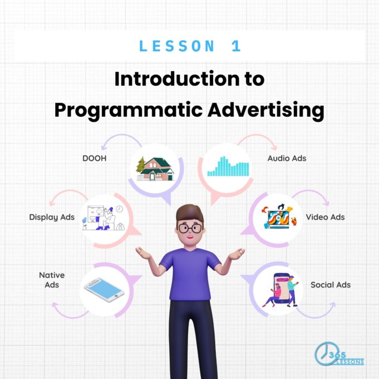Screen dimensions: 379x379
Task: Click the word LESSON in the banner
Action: click(176, 46)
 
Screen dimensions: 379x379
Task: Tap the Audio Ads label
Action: click(287, 158)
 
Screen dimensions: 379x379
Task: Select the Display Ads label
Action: click(52, 217)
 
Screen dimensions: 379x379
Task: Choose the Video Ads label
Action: click(325, 217)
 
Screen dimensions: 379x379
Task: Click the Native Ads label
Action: click(52, 280)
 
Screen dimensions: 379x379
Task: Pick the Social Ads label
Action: click(331, 285)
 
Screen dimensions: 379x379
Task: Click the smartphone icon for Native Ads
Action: click(103, 289)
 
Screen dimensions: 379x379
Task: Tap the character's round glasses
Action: click(190, 228)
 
